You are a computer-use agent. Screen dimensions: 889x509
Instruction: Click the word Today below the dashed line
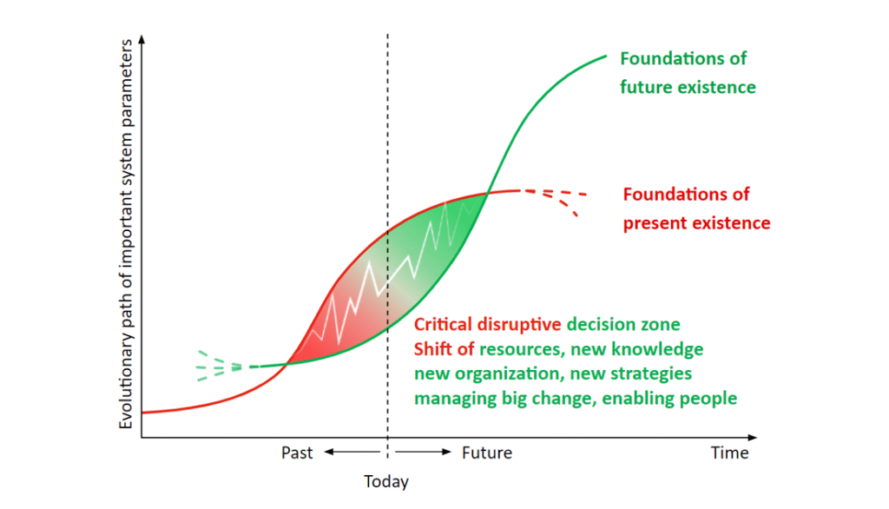(386, 481)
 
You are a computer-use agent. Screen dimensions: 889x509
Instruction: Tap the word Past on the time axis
(297, 453)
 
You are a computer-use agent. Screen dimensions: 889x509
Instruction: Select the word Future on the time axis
(487, 453)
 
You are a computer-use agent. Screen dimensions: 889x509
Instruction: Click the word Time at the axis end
(729, 453)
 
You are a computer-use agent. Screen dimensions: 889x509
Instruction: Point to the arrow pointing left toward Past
(352, 452)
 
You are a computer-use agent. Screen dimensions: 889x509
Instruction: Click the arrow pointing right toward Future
(423, 452)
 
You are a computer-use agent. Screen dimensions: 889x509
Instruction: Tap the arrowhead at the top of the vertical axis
(142, 39)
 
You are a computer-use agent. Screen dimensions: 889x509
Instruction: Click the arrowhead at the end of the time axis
(753, 437)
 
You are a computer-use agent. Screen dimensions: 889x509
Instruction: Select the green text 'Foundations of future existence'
(688, 73)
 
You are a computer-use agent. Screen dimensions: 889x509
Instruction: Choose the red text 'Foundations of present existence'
(697, 208)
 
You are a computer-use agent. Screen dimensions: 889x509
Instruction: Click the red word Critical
(443, 324)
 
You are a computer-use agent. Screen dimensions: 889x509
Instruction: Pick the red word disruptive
(519, 325)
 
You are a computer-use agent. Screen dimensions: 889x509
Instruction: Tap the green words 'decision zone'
(623, 324)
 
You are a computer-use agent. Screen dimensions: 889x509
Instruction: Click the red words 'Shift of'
(444, 348)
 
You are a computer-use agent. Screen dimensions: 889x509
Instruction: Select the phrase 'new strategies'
(630, 374)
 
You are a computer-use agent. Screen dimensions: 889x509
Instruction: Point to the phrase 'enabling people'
(669, 399)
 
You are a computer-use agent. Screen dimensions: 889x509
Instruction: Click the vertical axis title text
(125, 234)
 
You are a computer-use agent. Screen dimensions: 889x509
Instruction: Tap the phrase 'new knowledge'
(636, 349)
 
